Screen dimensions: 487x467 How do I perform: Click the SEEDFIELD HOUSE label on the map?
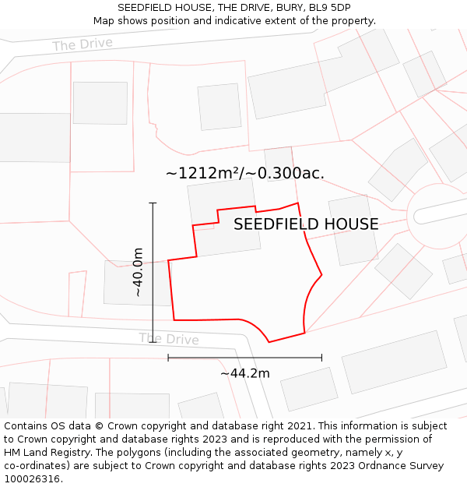pos(306,224)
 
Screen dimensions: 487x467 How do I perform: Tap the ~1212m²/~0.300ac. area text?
pos(244,173)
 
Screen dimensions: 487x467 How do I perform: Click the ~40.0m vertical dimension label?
pos(138,272)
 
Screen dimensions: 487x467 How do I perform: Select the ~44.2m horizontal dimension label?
pos(244,373)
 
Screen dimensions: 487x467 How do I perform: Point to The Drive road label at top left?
pos(83,44)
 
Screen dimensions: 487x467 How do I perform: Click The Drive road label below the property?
pos(169,339)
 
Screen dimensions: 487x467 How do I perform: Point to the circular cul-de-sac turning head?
pos(438,216)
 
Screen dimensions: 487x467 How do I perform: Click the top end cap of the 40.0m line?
pos(153,203)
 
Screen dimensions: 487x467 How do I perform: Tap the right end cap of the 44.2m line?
pos(321,358)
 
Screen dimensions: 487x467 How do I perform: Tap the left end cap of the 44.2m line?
pos(168,358)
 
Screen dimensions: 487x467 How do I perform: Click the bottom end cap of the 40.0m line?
pos(153,343)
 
